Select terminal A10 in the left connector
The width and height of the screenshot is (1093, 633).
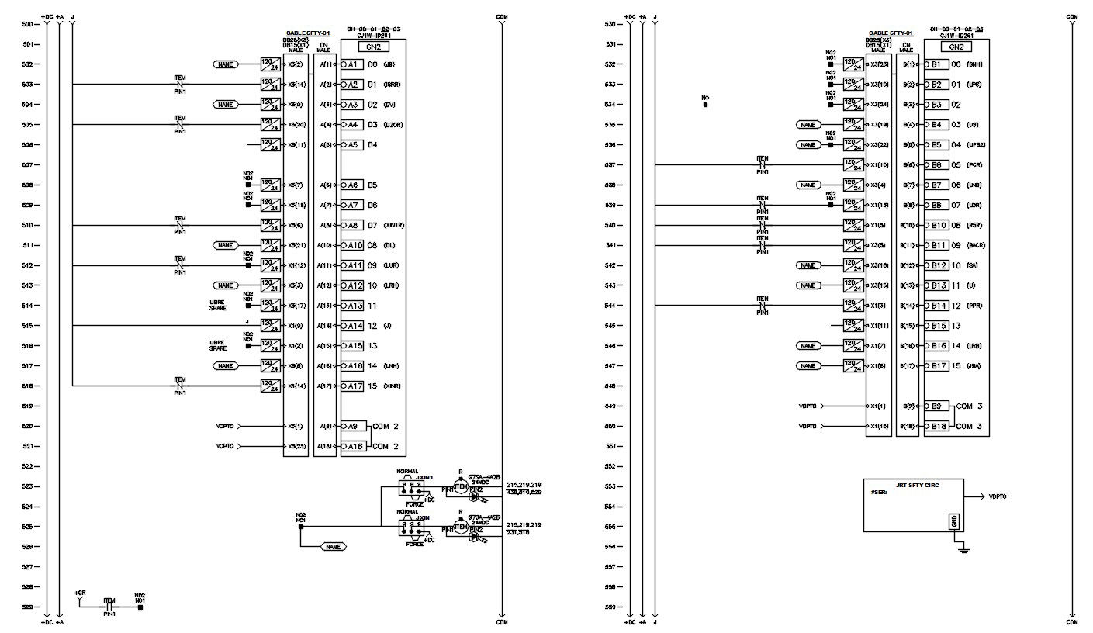(x=353, y=245)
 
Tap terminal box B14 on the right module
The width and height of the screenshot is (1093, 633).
(x=937, y=306)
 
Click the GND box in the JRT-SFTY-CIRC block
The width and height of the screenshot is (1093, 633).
(x=953, y=521)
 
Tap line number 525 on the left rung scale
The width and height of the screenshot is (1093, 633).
(x=27, y=527)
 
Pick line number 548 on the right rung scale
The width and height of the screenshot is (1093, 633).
(x=609, y=386)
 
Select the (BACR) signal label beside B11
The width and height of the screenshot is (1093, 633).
(x=977, y=245)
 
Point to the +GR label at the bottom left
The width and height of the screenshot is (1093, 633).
(x=80, y=593)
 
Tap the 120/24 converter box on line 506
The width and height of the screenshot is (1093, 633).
(x=270, y=144)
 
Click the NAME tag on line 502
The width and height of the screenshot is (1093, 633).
(x=225, y=64)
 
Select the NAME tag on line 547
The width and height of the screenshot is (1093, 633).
(x=808, y=365)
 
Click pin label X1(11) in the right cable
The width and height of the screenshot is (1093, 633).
(x=880, y=326)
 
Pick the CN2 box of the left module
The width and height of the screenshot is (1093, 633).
(x=373, y=47)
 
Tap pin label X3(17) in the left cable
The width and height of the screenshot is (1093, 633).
(x=297, y=306)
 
